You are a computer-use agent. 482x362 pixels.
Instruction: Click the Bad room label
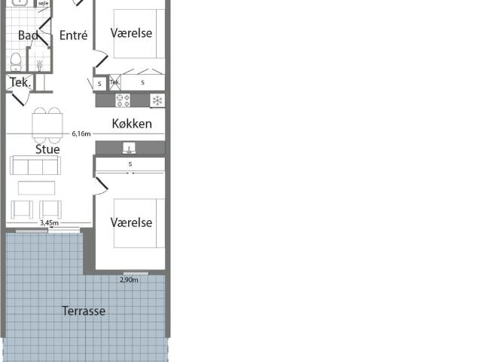pyautogui.click(x=28, y=35)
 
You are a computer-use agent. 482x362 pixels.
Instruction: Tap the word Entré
pyautogui.click(x=72, y=35)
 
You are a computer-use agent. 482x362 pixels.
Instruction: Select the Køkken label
pyautogui.click(x=132, y=124)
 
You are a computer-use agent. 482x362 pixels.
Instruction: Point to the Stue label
pyautogui.click(x=47, y=149)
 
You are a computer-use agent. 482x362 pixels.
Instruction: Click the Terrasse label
pyautogui.click(x=84, y=311)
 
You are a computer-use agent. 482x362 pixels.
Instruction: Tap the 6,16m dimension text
pyautogui.click(x=81, y=134)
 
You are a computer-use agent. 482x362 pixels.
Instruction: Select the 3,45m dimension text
pyautogui.click(x=49, y=223)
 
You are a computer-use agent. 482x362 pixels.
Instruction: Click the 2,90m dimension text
pyautogui.click(x=130, y=280)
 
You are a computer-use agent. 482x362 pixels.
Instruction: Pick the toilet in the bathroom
pyautogui.click(x=15, y=61)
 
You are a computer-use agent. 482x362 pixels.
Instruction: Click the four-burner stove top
pyautogui.click(x=123, y=100)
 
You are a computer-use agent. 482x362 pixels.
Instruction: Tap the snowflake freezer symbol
pyautogui.click(x=157, y=100)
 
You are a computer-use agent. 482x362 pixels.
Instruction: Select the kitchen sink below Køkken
pyautogui.click(x=130, y=148)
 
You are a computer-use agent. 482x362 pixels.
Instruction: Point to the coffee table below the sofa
pyautogui.click(x=37, y=188)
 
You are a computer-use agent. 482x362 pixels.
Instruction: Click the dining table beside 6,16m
pyautogui.click(x=47, y=124)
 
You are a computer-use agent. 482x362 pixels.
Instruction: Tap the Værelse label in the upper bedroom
pyautogui.click(x=131, y=33)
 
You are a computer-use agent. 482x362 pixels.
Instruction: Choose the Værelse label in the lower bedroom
pyautogui.click(x=131, y=222)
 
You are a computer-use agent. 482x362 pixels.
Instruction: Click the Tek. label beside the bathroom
pyautogui.click(x=20, y=83)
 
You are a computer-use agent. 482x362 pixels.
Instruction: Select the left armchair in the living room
pyautogui.click(x=21, y=209)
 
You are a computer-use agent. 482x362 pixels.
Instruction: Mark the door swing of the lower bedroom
pyautogui.click(x=99, y=186)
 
